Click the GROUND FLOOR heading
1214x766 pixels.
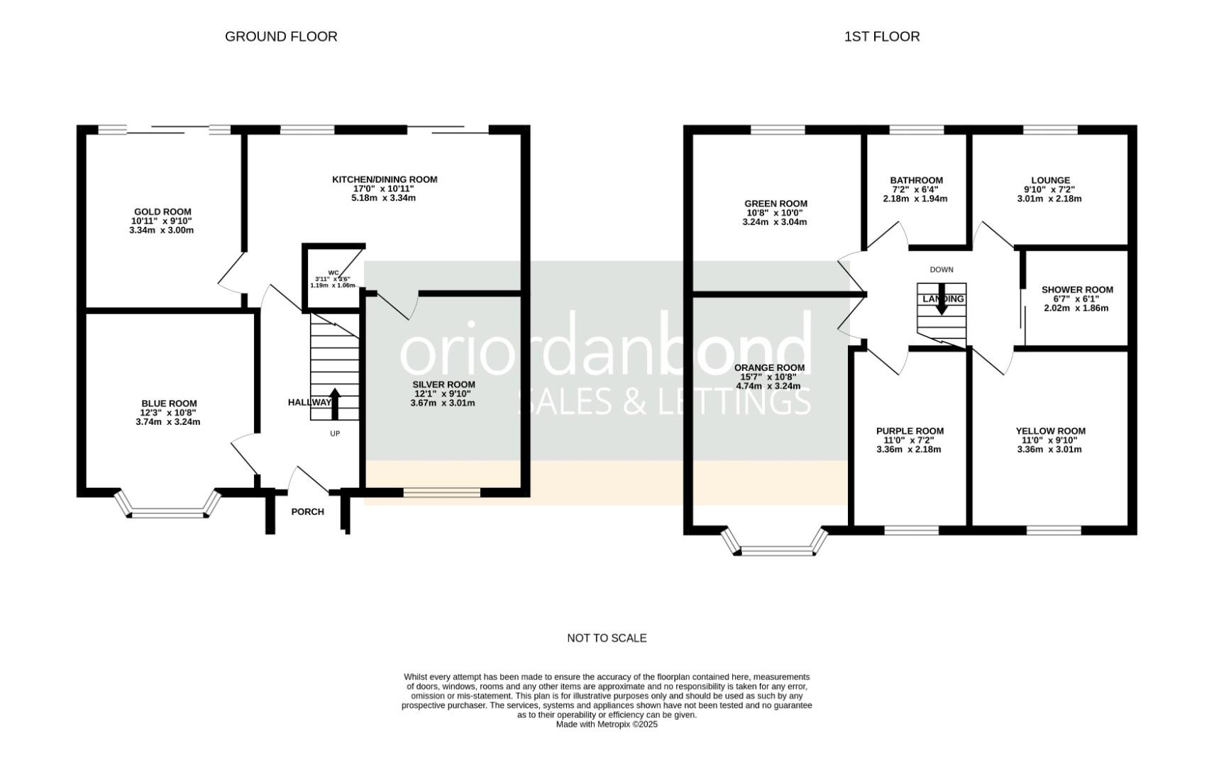tap(281, 36)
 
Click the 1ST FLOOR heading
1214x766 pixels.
tap(881, 36)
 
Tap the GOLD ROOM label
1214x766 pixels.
tap(162, 211)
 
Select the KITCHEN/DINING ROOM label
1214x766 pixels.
tap(385, 179)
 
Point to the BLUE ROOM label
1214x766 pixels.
tap(168, 404)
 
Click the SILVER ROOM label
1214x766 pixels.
tap(443, 384)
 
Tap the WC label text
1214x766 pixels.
tap(333, 272)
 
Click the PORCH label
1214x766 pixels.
tap(307, 511)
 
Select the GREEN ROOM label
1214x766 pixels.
tap(776, 204)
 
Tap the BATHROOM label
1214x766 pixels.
tap(916, 180)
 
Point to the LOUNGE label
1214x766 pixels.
tap(1050, 180)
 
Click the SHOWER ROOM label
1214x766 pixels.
tap(1076, 289)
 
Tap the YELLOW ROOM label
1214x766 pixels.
tap(1050, 431)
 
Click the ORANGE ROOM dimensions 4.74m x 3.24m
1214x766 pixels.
tap(768, 387)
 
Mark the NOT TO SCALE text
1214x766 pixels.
tap(607, 638)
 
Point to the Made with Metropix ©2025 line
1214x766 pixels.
tap(607, 724)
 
